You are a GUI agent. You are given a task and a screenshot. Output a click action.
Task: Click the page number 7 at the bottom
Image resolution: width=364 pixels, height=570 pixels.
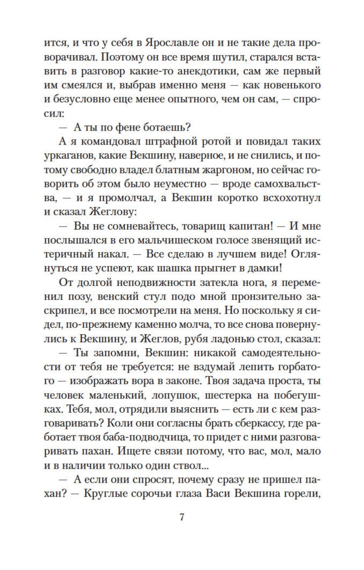click(182, 517)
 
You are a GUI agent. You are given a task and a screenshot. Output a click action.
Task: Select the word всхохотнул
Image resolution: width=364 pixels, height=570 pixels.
click(289, 198)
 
